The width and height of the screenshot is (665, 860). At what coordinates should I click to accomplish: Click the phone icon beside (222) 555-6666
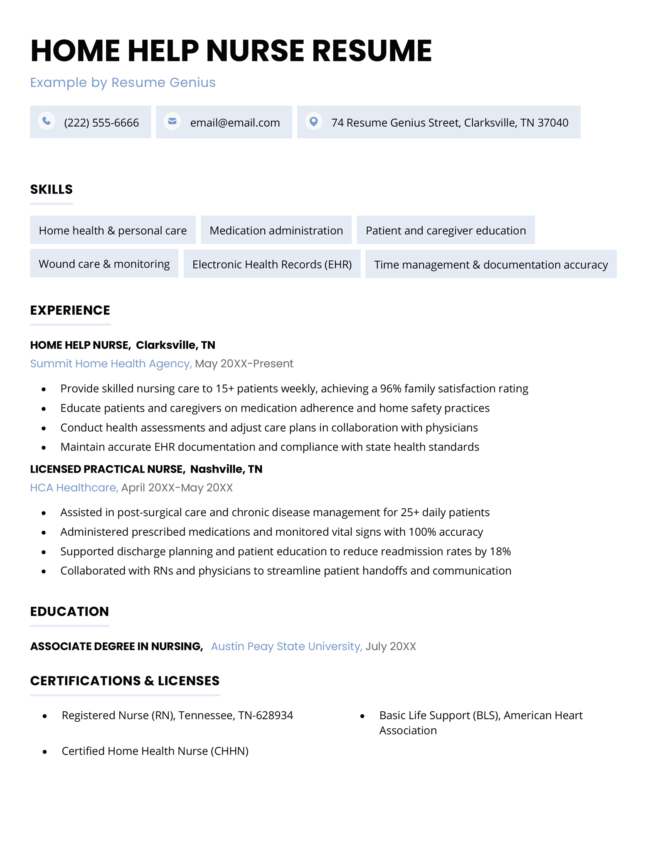click(x=47, y=121)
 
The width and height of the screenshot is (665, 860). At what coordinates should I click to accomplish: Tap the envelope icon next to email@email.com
click(x=172, y=121)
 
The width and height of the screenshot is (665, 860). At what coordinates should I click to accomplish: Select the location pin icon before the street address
click(x=314, y=121)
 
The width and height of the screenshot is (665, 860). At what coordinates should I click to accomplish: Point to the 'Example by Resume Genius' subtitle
click(x=123, y=83)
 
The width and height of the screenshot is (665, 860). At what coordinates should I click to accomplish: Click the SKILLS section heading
click(x=51, y=189)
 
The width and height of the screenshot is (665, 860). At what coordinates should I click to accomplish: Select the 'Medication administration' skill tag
click(x=276, y=230)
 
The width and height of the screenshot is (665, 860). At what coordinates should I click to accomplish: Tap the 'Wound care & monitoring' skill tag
click(x=104, y=264)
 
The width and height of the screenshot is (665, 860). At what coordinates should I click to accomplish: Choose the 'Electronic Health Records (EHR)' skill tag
click(x=272, y=265)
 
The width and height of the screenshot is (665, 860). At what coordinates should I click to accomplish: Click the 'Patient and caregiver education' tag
click(x=446, y=230)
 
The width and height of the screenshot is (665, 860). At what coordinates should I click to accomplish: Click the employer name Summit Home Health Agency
click(x=111, y=364)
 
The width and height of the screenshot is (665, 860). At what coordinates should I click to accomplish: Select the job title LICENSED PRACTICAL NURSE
click(x=107, y=469)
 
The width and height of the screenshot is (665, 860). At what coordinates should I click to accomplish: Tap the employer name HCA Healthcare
click(x=74, y=488)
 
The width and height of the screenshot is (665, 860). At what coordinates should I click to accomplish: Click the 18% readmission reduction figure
click(x=500, y=551)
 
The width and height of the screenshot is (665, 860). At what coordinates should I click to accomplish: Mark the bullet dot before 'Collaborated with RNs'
click(x=44, y=571)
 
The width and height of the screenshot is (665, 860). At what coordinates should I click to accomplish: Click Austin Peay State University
click(x=286, y=647)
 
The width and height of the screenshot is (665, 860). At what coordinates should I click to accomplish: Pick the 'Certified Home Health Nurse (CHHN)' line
click(x=155, y=751)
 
